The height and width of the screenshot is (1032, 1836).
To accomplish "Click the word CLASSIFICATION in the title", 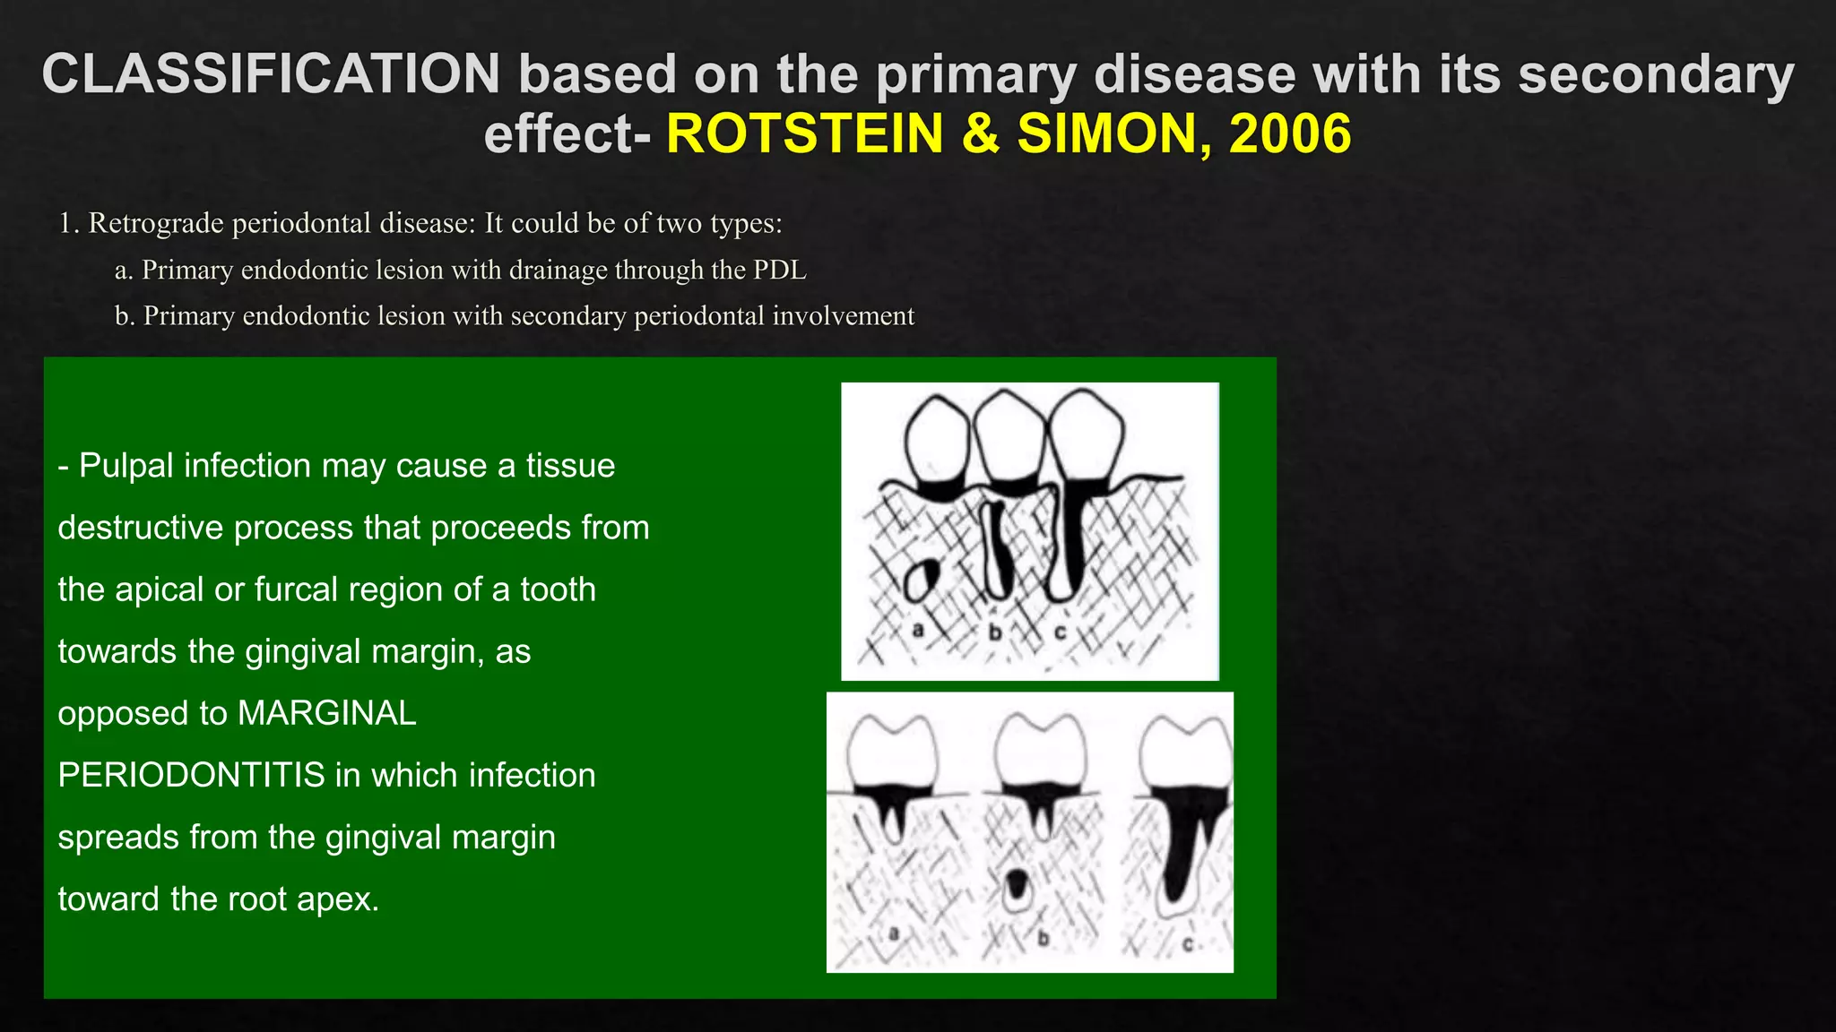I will click(x=271, y=74).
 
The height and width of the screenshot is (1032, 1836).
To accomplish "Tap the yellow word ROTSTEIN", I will click(x=805, y=134).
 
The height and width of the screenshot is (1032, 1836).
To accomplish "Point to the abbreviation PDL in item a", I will click(x=779, y=270).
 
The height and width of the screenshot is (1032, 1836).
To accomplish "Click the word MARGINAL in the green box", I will click(x=327, y=713).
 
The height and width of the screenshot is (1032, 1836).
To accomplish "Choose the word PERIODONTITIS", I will click(x=191, y=775).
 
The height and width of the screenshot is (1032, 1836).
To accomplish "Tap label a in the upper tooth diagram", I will click(x=918, y=631).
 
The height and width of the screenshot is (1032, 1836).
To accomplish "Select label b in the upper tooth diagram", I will click(x=994, y=632).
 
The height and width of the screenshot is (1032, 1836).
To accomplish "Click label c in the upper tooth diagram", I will click(x=1060, y=632).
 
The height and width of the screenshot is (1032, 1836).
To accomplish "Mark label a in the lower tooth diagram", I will click(x=893, y=934).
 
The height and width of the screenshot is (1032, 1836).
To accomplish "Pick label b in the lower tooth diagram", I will click(x=1043, y=939).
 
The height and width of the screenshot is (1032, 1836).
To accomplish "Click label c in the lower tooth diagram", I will click(x=1188, y=944).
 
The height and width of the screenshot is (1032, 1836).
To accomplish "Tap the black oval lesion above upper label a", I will click(x=922, y=580).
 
